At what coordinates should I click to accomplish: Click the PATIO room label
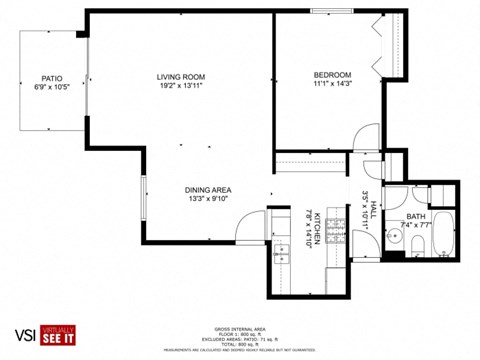pos(52,77)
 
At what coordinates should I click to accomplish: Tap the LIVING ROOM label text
pos(180,77)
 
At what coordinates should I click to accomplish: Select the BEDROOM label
pos(332,75)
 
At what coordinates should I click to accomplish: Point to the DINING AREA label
pos(208,190)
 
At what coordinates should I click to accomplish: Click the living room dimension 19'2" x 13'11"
pos(180,87)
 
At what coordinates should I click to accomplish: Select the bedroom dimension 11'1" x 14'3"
pos(332,85)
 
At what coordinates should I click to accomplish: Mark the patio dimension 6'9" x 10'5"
pos(52,87)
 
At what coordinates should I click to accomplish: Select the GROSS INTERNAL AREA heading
pos(239,327)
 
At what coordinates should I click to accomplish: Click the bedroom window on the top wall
pos(330,11)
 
